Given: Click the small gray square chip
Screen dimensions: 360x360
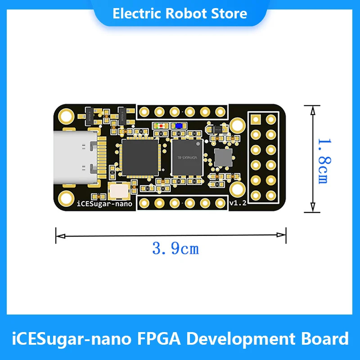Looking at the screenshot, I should [223, 157].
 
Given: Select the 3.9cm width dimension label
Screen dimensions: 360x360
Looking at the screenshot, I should [175, 248].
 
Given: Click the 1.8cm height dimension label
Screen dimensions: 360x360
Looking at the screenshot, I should [322, 159].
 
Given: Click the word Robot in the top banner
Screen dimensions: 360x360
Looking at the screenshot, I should [184, 13].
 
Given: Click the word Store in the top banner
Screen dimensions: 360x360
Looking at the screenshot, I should [230, 13].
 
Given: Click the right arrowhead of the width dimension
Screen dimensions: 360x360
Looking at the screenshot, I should [283, 234].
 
